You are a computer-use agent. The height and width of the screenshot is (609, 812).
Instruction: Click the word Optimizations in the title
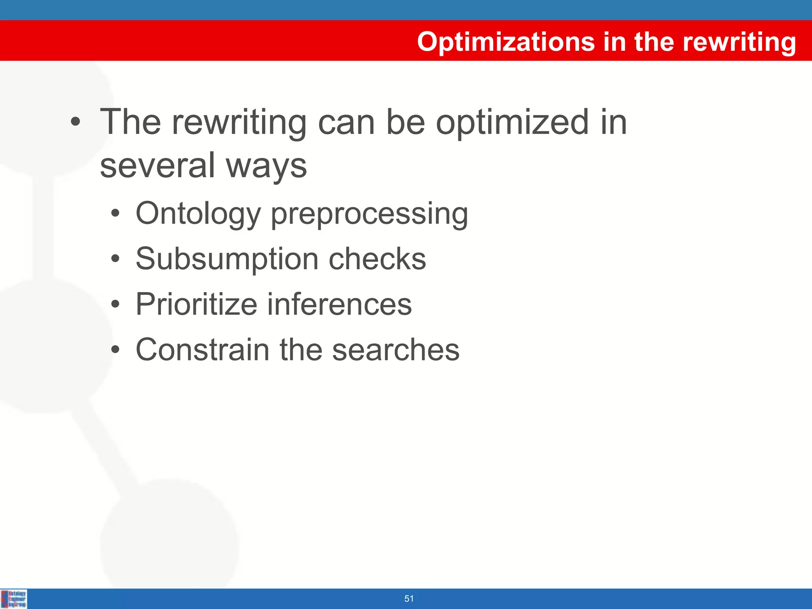tap(506, 42)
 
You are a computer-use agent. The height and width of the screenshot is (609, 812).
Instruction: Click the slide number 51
tap(409, 599)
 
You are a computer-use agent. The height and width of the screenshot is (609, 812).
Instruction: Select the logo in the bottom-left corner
tap(14, 599)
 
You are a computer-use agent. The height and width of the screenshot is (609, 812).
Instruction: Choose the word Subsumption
tap(227, 259)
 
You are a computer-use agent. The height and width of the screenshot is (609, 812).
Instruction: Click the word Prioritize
tap(196, 304)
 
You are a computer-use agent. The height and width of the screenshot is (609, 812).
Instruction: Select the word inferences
tap(339, 304)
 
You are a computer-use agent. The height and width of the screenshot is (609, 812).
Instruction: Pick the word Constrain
tap(203, 350)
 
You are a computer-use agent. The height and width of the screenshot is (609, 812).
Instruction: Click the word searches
tap(395, 350)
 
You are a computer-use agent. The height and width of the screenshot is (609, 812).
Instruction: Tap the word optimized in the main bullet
tap(512, 123)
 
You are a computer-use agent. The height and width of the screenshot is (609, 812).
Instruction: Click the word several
tap(157, 166)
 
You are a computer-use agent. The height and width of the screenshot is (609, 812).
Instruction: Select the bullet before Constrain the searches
tap(115, 350)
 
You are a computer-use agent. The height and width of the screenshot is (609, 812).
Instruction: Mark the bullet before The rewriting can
tap(75, 123)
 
